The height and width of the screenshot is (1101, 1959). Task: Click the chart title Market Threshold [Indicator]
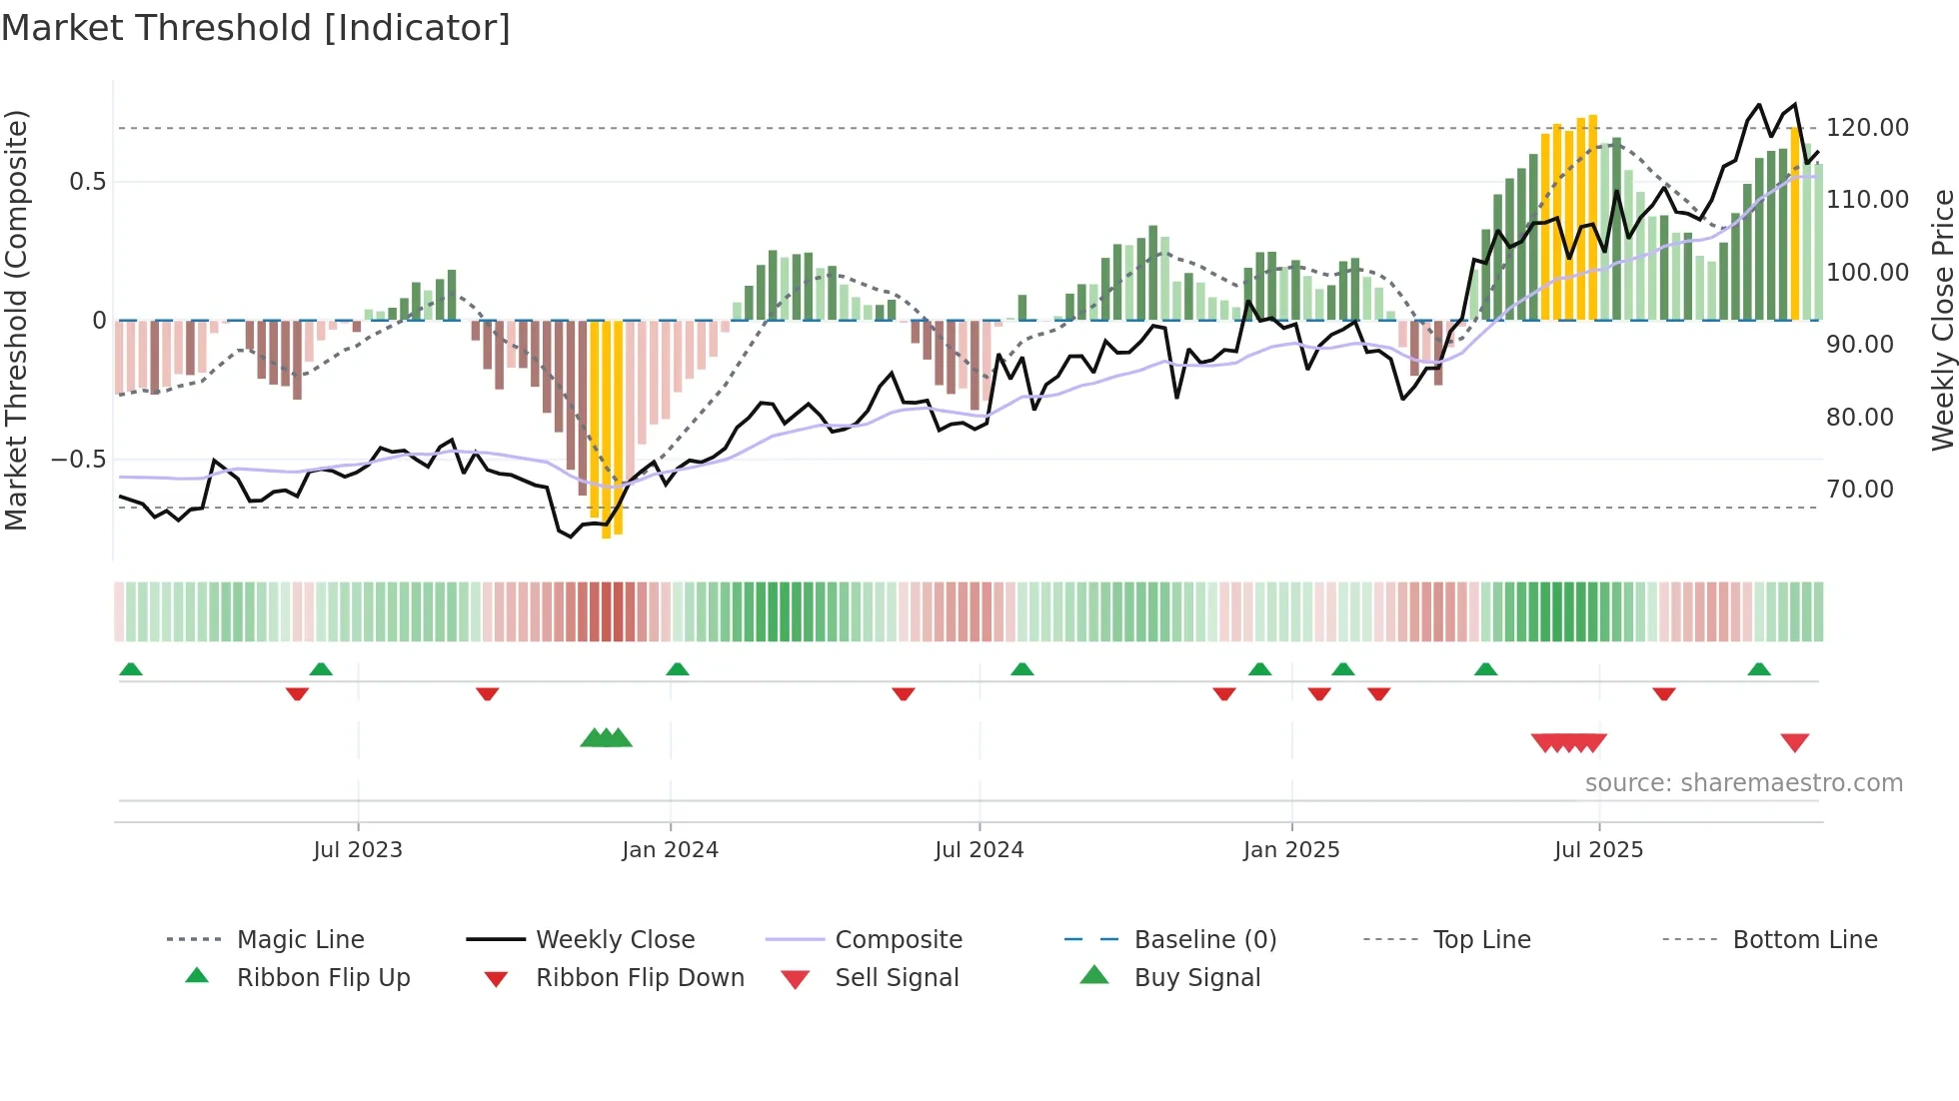point(256,28)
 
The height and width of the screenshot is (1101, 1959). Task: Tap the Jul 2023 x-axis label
point(358,850)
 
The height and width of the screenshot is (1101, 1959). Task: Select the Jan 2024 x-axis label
point(670,850)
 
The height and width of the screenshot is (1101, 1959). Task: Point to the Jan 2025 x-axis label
point(1291,850)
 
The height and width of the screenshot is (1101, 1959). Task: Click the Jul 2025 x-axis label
point(1598,850)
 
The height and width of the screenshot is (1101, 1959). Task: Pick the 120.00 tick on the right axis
point(1867,128)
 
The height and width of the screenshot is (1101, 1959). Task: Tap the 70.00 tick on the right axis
point(1859,490)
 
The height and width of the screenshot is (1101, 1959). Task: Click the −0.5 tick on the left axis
point(78,460)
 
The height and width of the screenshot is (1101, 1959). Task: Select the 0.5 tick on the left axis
point(87,182)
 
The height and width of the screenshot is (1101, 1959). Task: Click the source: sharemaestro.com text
point(1743,783)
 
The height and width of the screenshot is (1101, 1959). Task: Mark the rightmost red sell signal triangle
point(1794,742)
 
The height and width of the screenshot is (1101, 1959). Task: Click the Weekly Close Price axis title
point(1942,320)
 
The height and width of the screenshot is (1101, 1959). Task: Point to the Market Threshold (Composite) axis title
point(16,320)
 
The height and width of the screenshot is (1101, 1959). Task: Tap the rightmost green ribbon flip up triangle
point(1759,669)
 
